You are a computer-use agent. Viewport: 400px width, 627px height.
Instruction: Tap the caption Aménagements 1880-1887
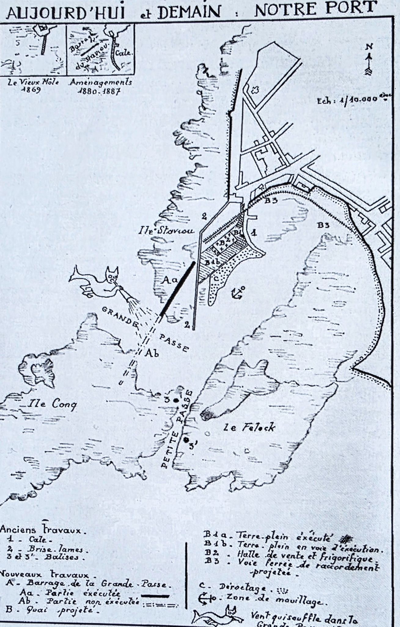101,87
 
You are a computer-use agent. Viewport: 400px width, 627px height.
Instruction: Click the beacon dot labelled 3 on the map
176,400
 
